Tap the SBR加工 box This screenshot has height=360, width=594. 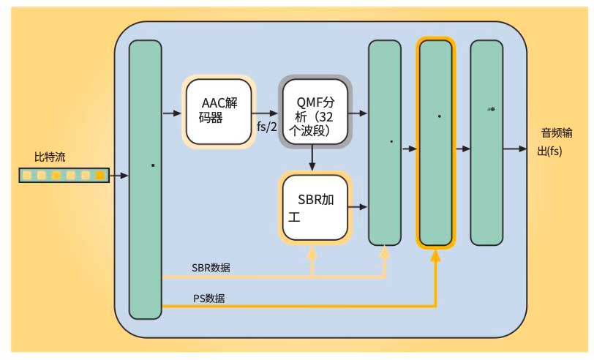pyautogui.click(x=315, y=208)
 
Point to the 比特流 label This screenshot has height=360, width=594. pyautogui.click(x=50, y=157)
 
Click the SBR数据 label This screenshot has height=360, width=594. pyautogui.click(x=211, y=268)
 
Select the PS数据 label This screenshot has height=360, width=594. pyautogui.click(x=209, y=298)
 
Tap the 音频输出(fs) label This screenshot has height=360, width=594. pyautogui.click(x=560, y=142)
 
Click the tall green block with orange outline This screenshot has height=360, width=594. pyautogui.click(x=436, y=143)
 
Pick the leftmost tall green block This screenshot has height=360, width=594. pyautogui.click(x=145, y=179)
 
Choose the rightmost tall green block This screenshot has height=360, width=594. pyautogui.click(x=486, y=143)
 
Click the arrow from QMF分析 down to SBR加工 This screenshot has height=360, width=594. pyautogui.click(x=312, y=157)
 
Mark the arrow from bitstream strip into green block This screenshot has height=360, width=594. pyautogui.click(x=119, y=176)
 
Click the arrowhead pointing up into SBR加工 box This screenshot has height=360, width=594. pyautogui.click(x=313, y=252)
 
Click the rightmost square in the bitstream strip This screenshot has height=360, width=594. pyautogui.click(x=99, y=176)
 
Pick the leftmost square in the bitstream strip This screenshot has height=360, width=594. pyautogui.click(x=27, y=176)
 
